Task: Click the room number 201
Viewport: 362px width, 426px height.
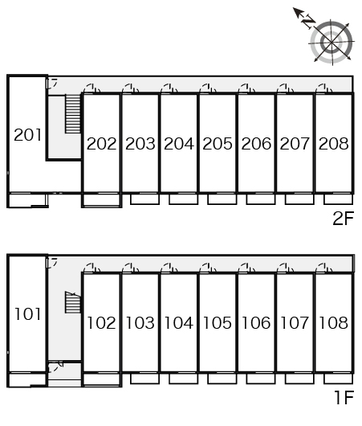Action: (27, 135)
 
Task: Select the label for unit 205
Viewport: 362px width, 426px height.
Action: (218, 143)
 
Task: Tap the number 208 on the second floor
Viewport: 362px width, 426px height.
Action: (334, 143)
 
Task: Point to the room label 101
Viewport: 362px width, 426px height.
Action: (27, 314)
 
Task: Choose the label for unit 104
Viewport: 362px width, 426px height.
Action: (179, 323)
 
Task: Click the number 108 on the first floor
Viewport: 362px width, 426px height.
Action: (334, 323)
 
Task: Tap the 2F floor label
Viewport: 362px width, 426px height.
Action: (344, 218)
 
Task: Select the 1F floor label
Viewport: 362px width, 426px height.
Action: (344, 397)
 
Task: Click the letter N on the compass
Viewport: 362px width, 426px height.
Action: (309, 22)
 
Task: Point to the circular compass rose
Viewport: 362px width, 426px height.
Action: (331, 43)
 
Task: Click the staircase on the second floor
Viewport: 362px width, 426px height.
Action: (73, 113)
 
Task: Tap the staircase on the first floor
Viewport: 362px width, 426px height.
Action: (73, 302)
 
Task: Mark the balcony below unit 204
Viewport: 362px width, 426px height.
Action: (184, 199)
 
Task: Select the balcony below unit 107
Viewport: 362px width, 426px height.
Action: (299, 379)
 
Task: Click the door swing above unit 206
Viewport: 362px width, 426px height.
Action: (246, 88)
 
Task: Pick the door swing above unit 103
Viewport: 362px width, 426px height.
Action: (131, 268)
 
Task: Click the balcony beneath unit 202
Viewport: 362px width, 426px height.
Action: (101, 200)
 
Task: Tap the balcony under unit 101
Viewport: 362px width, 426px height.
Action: (27, 380)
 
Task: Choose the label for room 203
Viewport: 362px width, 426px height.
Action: (140, 143)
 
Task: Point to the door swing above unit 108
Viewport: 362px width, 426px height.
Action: (324, 268)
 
